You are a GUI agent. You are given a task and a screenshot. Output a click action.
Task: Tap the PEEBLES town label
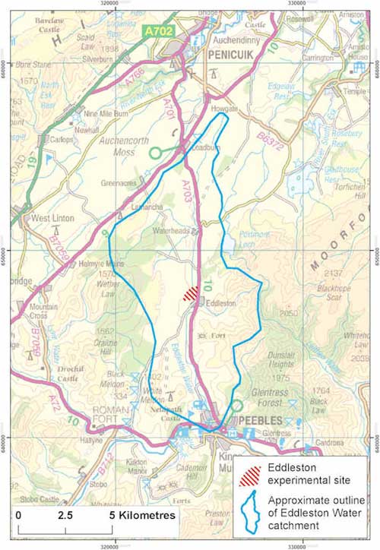[258, 420]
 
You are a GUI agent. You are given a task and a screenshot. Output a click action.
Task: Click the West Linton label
[52, 218]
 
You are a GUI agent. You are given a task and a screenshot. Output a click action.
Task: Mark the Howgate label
[225, 109]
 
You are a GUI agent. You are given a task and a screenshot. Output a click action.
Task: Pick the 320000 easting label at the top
[116, 3]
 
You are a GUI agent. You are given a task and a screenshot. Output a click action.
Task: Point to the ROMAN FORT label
[100, 412]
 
